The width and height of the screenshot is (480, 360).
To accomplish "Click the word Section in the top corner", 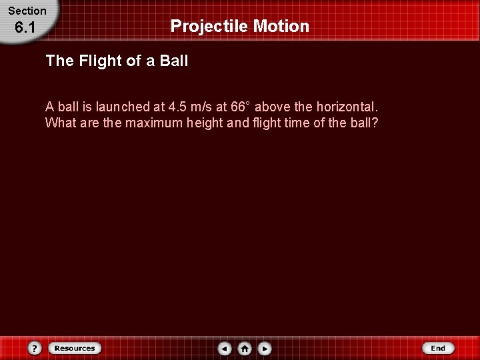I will click(27, 11).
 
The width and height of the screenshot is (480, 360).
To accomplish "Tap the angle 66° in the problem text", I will click(239, 107).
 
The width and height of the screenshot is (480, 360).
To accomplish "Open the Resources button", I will click(74, 348).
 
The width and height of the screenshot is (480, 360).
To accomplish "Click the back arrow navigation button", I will click(225, 348).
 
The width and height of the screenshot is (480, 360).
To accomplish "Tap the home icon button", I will click(245, 348).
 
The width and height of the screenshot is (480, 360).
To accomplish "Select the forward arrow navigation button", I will click(265, 348).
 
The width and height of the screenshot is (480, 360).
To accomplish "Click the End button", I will click(438, 348).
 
